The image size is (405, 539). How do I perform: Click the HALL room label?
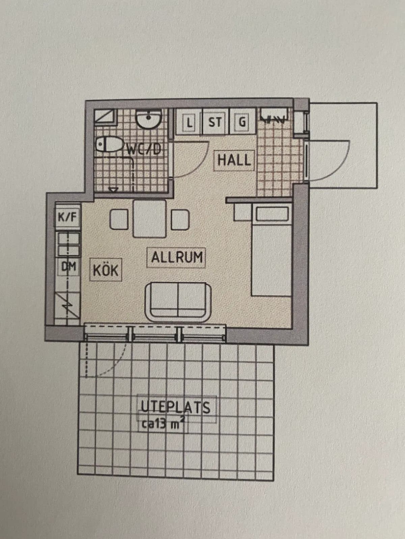tap(234, 160)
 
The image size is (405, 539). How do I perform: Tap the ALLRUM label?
tap(177, 257)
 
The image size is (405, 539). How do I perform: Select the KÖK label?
tap(106, 270)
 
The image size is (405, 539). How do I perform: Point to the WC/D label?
tap(144, 149)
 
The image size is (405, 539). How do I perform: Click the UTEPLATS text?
tap(175, 407)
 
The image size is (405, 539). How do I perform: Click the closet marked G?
tap(242, 122)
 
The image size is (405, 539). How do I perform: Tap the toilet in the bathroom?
tap(110, 145)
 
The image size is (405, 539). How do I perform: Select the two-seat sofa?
tap(178, 300)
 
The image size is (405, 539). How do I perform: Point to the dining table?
tap(150, 218)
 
